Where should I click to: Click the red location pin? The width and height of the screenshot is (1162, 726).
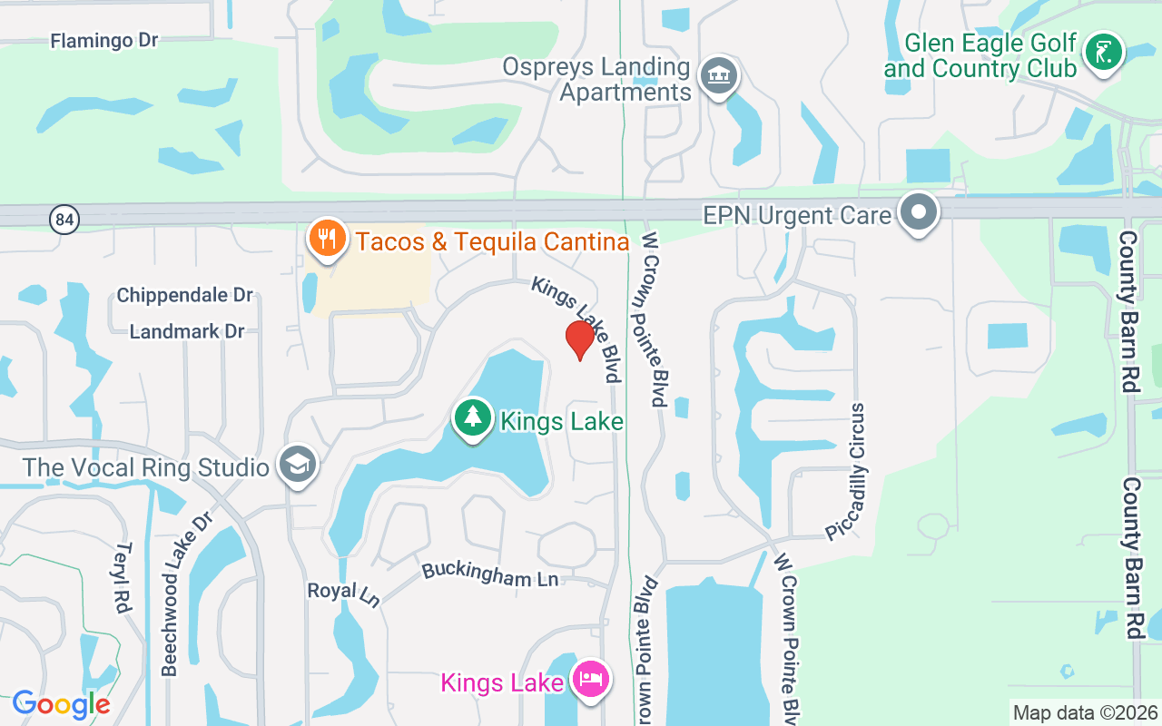[x=579, y=340]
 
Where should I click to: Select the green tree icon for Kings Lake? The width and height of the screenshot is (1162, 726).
[x=472, y=418]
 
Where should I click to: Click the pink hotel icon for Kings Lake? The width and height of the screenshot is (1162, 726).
[x=591, y=680]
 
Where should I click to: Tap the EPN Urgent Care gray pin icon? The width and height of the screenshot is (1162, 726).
[x=919, y=212]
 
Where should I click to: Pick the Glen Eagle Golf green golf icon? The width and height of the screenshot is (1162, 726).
[x=1104, y=52]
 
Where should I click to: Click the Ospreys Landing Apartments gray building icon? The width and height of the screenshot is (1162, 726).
[x=720, y=75]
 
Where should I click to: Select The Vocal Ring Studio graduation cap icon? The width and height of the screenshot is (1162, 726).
[x=297, y=466]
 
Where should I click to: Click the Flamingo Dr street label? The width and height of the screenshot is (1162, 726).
[x=104, y=41]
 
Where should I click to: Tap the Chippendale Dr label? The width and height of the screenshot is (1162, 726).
[x=184, y=296]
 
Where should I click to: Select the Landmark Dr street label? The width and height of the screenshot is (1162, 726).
[x=187, y=331]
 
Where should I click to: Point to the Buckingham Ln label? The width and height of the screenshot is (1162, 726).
[x=490, y=574]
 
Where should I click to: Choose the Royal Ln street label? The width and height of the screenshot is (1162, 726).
[x=343, y=594]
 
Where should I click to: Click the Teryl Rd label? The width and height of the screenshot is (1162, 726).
[x=122, y=577]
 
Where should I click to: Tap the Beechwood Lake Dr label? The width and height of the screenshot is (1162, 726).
[x=185, y=594]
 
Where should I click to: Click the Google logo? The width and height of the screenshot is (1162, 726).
[x=62, y=704]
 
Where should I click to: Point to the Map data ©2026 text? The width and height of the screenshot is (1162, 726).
[x=1086, y=712]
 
